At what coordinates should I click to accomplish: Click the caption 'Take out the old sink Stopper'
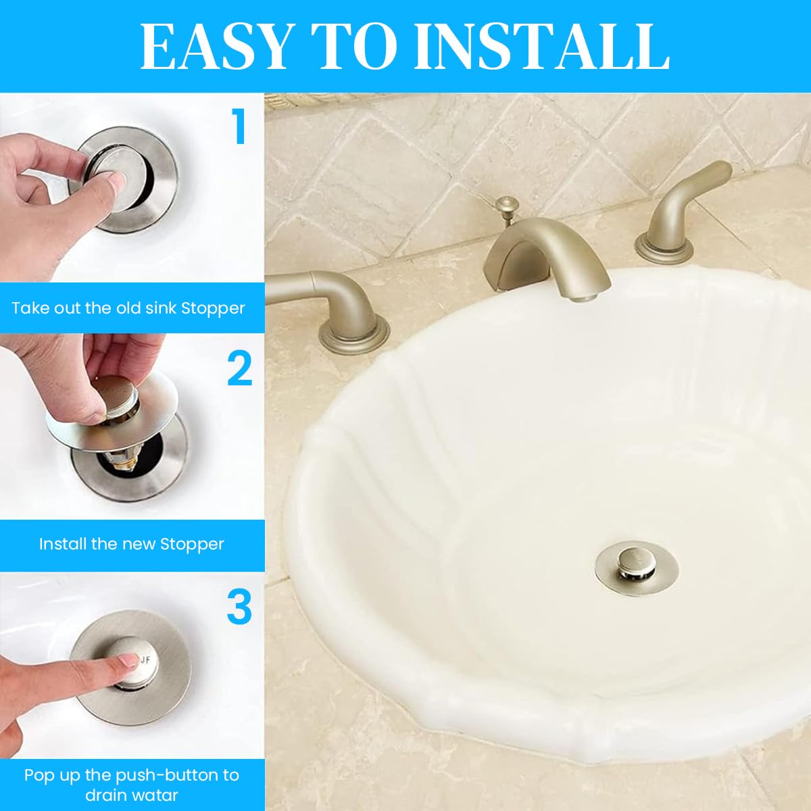coord(128,308)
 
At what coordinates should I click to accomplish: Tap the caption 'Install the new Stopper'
coord(131,544)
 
